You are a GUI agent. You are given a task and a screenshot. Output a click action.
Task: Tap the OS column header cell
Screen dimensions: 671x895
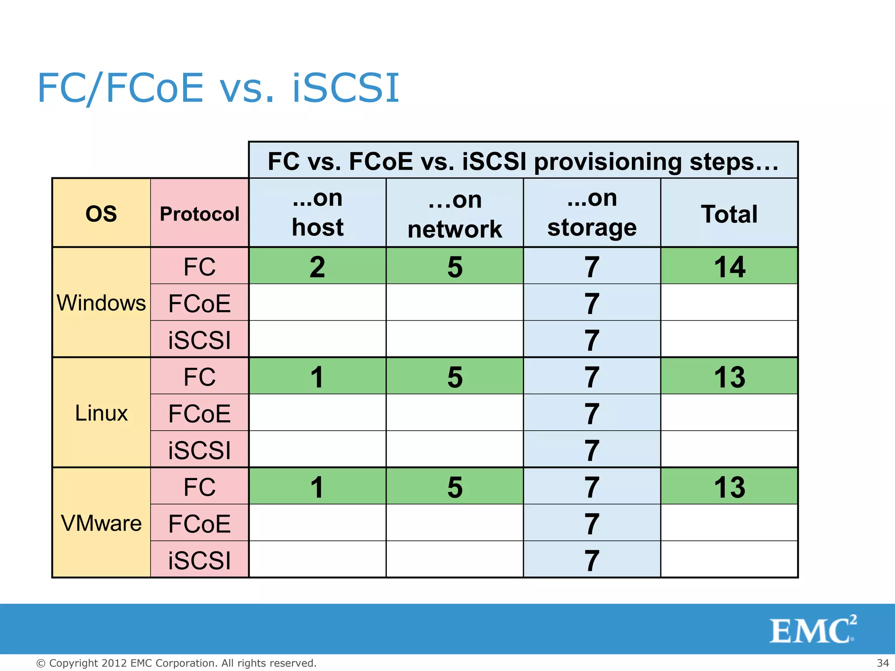pos(101,214)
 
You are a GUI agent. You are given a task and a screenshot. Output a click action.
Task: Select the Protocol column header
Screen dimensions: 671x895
pos(199,214)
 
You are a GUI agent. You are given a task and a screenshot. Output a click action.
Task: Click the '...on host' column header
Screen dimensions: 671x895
pos(317,213)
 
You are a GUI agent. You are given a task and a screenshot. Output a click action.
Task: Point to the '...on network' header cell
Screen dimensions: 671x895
pos(454,214)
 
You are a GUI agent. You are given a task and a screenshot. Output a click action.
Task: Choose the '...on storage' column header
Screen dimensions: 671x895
pos(592,213)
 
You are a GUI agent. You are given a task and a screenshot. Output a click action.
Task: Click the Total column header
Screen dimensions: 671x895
pos(729,214)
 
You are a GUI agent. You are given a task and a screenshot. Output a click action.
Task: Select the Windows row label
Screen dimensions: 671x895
pos(101,303)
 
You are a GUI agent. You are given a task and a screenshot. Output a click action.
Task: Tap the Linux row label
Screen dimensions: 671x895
pos(101,413)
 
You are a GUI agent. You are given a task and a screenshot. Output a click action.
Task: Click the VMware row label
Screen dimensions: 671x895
pos(101,523)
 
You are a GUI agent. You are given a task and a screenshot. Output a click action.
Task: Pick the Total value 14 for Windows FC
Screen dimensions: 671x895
pos(729,266)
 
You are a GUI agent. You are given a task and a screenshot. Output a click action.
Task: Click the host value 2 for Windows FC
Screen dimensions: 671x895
pos(317,266)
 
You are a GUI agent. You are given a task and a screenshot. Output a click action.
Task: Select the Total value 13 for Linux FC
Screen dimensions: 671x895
pos(729,377)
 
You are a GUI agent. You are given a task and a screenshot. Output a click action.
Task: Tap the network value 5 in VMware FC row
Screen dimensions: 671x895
pos(454,487)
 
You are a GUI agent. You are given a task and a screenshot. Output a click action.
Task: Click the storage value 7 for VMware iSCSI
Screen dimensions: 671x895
pos(592,560)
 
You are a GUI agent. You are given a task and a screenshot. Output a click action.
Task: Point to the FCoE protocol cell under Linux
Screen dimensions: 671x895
pos(199,413)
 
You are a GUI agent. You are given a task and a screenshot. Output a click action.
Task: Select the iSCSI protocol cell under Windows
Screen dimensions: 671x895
pos(199,340)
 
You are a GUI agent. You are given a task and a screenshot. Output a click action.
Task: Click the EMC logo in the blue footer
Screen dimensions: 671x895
pos(812,630)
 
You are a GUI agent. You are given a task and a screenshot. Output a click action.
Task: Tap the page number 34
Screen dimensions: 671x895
pos(882,663)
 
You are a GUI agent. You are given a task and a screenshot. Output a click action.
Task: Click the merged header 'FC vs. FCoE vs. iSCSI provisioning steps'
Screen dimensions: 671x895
pos(523,161)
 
